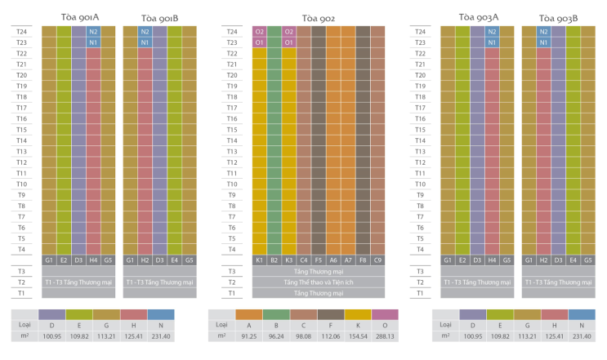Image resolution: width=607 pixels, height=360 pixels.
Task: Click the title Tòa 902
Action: tap(319, 18)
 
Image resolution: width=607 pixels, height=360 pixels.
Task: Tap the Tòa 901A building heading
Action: tap(80, 17)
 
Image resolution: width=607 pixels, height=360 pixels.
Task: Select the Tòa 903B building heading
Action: tap(558, 18)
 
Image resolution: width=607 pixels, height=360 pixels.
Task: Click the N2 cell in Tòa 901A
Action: tap(93, 32)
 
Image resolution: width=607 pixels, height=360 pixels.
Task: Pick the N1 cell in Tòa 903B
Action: tap(543, 42)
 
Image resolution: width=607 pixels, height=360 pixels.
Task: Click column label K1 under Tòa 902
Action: tap(259, 260)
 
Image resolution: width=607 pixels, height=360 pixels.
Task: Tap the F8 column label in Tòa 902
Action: tap(363, 260)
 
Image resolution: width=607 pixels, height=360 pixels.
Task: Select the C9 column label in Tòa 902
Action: tap(377, 260)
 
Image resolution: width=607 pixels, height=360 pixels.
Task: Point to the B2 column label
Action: tap(274, 260)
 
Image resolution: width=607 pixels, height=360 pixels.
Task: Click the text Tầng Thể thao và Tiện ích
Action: tap(319, 282)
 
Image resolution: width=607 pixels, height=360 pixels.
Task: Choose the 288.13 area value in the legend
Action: tap(385, 336)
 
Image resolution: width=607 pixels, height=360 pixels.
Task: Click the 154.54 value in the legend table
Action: tap(358, 336)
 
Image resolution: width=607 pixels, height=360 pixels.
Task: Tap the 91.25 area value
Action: tap(249, 336)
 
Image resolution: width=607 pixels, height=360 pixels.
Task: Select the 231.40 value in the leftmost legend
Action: tap(161, 336)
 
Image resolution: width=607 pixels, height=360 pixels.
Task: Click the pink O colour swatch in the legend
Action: tap(385, 314)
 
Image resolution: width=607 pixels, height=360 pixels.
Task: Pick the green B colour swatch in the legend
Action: tap(276, 314)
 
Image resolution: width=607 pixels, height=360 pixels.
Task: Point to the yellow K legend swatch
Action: tap(358, 314)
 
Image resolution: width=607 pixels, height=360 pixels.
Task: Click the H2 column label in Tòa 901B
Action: tap(145, 260)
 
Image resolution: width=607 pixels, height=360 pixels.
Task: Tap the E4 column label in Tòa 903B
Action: tap(573, 260)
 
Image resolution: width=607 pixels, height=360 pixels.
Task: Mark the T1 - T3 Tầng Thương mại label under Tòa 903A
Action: tap(477, 282)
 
